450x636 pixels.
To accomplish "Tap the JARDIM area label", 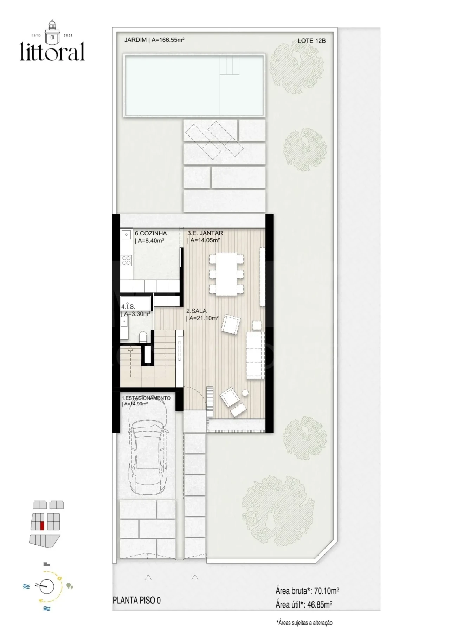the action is point(154,40).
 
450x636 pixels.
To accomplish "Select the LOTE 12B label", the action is point(311,41).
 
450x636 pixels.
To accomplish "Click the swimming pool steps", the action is point(230,66).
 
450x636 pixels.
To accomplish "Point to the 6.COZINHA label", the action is point(150,233).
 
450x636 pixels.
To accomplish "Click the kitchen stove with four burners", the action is point(126,260).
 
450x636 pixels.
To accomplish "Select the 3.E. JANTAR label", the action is point(205,233).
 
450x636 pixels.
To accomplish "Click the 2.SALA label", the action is point(196,311).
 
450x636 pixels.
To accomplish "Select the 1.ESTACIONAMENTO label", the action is point(146,398).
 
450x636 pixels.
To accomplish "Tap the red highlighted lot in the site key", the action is point(42,526).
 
